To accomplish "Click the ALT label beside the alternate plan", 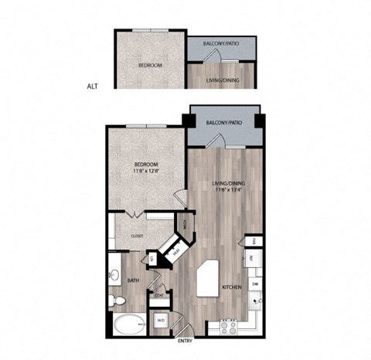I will coord(94,87).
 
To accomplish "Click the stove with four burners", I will coord(229,326).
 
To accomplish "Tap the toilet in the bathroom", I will coord(113,297).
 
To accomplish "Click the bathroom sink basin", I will coord(114,273).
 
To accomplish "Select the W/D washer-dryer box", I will coord(162,319).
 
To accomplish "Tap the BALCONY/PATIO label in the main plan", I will coord(224,123).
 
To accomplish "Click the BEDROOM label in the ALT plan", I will coord(151,66).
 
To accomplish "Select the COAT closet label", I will coord(158,294).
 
